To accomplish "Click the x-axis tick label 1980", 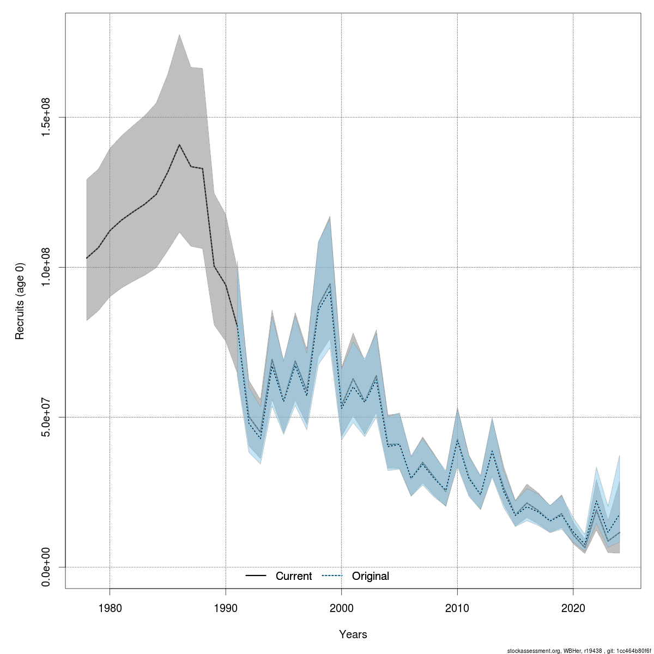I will coord(110,608).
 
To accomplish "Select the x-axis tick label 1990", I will coord(226,608).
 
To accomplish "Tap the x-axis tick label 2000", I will coord(341,608).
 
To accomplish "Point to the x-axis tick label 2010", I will coord(457,608).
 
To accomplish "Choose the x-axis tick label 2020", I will coord(573,608).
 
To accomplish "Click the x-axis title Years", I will coord(353,634).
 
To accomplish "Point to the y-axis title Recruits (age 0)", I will coord(20,301).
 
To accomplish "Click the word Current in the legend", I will coord(294,576).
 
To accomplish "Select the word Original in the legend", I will coord(371,576).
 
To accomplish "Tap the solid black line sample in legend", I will coord(256,576).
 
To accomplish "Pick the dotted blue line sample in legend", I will coord(332,576).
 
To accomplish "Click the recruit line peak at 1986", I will coord(179,144).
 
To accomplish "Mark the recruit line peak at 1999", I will coord(330,284).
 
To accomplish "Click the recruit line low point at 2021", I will coord(585,547).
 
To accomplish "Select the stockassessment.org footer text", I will coord(579,650).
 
